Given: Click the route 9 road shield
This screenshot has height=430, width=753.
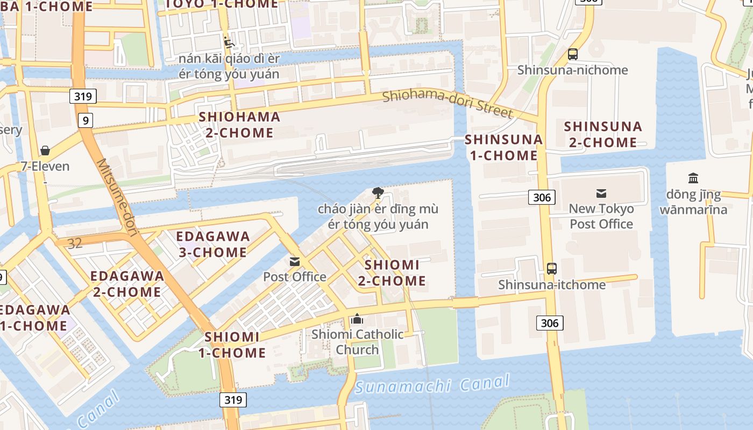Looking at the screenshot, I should [x=85, y=120].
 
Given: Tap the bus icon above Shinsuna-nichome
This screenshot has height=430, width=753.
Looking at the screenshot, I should [x=573, y=54].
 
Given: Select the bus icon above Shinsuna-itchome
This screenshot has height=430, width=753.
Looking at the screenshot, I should [x=551, y=269].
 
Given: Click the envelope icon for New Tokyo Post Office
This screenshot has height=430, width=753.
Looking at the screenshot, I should [x=601, y=193].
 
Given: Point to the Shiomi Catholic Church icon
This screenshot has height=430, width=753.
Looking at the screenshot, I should [x=357, y=319].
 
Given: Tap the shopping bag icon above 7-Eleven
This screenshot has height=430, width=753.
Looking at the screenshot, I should [x=45, y=150].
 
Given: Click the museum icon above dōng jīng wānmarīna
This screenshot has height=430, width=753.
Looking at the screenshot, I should [x=693, y=178].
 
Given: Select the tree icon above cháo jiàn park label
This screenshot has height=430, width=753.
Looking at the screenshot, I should [x=378, y=192].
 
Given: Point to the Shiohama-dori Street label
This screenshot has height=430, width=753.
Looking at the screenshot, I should [x=447, y=103].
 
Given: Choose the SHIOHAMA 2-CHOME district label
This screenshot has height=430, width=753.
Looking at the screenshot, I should [x=239, y=125].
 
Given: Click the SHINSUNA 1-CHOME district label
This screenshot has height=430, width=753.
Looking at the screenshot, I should [x=503, y=147].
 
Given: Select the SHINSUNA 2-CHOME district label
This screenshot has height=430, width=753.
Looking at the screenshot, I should [x=603, y=134].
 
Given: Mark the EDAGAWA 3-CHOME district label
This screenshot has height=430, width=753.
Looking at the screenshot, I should [x=213, y=244].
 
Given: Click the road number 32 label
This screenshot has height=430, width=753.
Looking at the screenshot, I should [x=75, y=243].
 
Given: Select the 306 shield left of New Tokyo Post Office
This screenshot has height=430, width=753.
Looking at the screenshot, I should [x=542, y=197].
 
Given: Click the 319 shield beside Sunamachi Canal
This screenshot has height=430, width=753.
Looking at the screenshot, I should [x=233, y=399].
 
